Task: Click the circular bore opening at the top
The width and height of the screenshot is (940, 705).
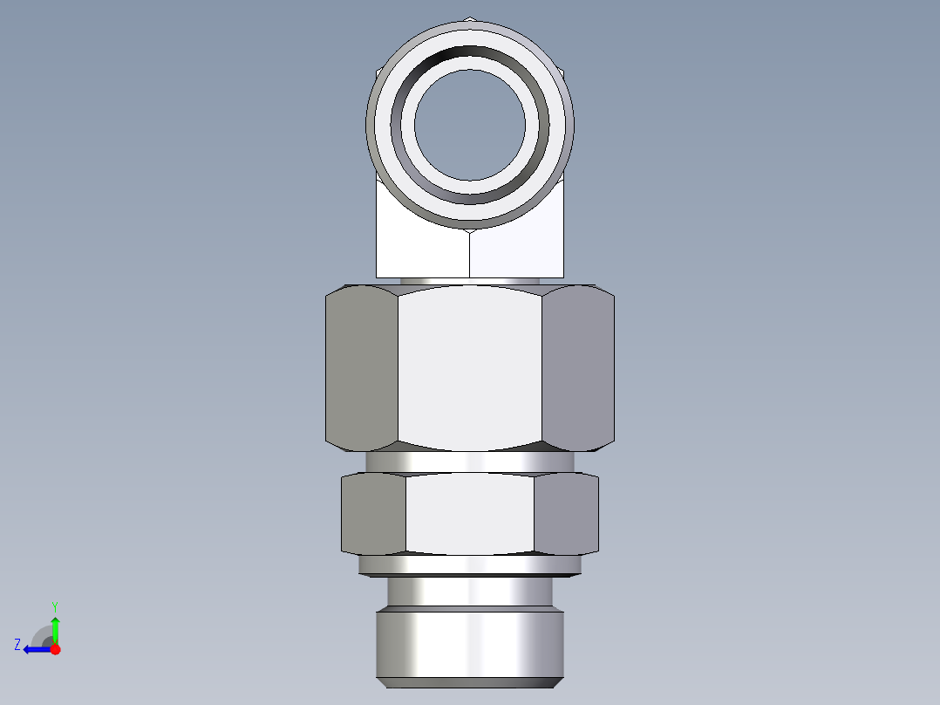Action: (x=470, y=124)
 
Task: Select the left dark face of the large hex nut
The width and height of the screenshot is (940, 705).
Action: (x=361, y=368)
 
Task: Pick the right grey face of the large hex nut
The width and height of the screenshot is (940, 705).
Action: (x=578, y=368)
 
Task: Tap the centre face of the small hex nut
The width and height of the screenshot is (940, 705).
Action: (x=470, y=514)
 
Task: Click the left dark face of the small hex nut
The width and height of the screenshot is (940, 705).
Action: (x=373, y=514)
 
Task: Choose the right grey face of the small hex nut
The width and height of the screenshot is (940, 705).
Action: (x=566, y=514)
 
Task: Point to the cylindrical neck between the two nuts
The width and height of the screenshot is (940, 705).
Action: (x=470, y=462)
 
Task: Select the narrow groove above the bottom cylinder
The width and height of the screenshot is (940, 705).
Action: (x=470, y=593)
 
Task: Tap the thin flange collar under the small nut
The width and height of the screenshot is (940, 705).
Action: (x=470, y=565)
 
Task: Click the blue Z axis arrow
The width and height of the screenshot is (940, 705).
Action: (x=35, y=649)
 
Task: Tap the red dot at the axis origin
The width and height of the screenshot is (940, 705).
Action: (x=55, y=649)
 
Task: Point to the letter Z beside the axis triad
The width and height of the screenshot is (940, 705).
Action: (x=17, y=645)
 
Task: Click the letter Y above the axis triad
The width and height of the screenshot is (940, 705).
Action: (x=55, y=606)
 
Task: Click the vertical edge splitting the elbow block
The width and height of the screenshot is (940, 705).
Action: (x=470, y=253)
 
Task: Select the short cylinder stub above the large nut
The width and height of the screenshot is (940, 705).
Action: (x=470, y=281)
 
